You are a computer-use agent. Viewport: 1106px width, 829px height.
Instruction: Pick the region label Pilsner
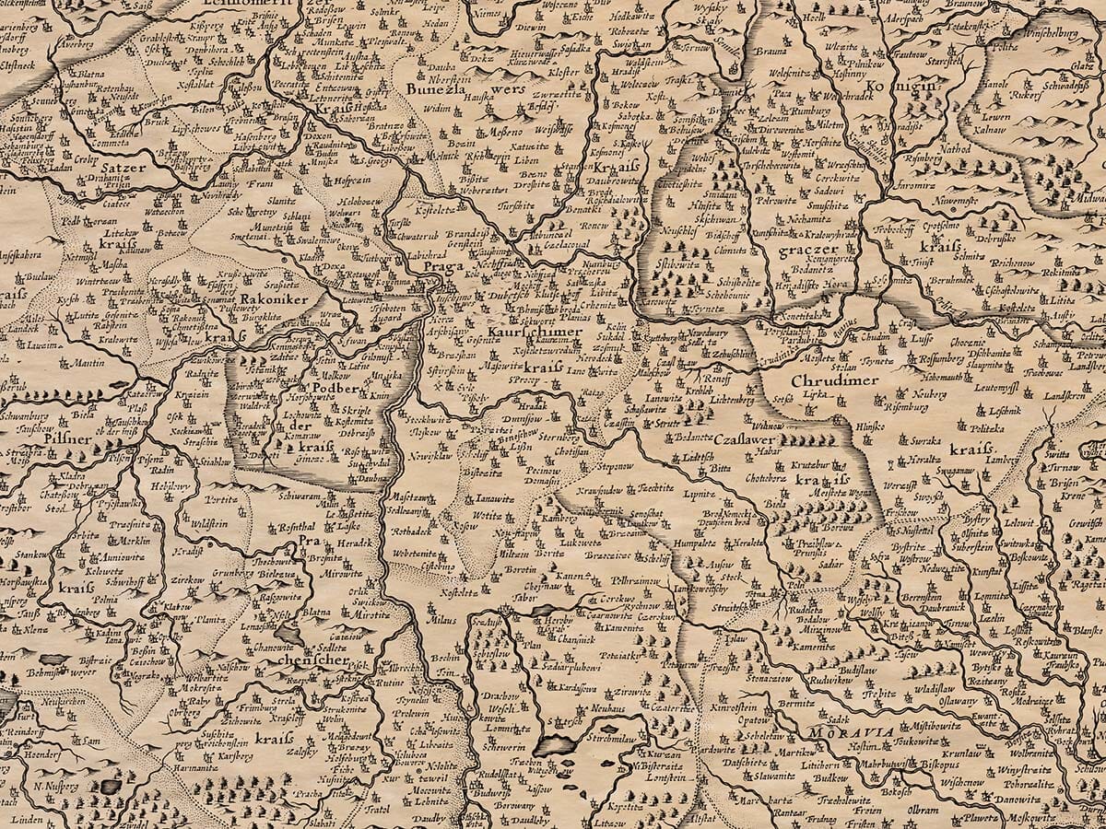pos(67,439)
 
